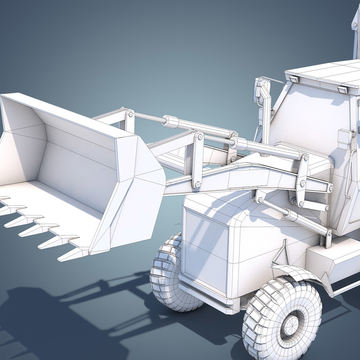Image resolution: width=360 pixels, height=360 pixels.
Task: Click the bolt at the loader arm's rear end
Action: tap(331, 188)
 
